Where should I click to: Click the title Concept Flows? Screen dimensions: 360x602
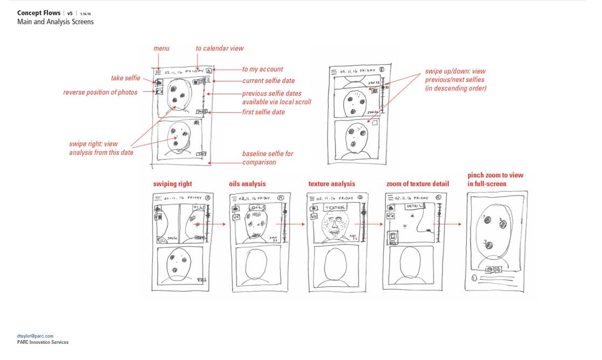pyautogui.click(x=39, y=13)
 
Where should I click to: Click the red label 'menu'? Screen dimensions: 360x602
pyautogui.click(x=161, y=49)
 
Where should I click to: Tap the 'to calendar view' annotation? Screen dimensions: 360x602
pyautogui.click(x=219, y=49)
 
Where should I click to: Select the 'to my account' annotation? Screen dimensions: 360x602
pyautogui.click(x=262, y=70)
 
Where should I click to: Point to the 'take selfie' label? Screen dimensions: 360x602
pyautogui.click(x=126, y=79)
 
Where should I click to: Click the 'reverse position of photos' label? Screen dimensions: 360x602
pyautogui.click(x=100, y=93)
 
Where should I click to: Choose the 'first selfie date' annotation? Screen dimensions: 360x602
pyautogui.click(x=264, y=112)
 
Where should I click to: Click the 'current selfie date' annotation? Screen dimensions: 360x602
pyautogui.click(x=268, y=81)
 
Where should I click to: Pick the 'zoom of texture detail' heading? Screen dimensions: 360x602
pyautogui.click(x=418, y=184)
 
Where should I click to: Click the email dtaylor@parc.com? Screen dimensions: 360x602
pyautogui.click(x=35, y=336)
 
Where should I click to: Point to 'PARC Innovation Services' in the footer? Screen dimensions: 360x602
pyautogui.click(x=43, y=342)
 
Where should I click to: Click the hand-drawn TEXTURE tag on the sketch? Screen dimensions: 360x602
pyautogui.click(x=334, y=206)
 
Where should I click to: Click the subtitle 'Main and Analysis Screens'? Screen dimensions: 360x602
pyautogui.click(x=55, y=22)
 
